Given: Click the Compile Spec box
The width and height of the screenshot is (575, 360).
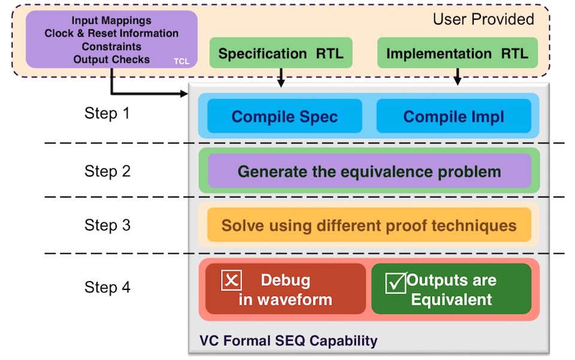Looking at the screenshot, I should [285, 116].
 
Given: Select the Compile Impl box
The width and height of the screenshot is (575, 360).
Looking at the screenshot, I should [453, 116].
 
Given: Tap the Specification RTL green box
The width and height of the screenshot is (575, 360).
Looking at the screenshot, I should [280, 53].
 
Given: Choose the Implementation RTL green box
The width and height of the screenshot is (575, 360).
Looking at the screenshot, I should [457, 53].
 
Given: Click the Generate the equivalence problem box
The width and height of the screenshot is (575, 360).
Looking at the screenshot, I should [369, 171].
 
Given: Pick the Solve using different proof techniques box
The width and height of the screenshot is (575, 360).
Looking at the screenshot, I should [369, 225].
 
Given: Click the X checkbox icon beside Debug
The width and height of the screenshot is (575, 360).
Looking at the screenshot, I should [231, 280].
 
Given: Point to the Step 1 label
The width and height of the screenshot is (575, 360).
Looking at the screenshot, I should [107, 113].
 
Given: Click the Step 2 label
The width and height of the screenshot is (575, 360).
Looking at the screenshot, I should [107, 171].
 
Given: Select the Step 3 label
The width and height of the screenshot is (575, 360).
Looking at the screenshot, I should [107, 225].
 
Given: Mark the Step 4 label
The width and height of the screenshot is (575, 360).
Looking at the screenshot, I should [107, 287].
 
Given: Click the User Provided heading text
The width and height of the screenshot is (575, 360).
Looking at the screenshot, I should [483, 19].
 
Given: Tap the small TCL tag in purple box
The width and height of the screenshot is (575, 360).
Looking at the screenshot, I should [181, 61].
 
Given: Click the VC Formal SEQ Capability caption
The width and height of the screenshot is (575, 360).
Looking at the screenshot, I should [288, 341].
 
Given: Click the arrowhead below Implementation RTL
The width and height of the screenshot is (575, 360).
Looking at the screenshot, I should [458, 81].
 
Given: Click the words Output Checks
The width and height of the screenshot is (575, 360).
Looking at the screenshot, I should [111, 59].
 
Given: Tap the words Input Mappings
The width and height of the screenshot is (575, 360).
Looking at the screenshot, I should [111, 21].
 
